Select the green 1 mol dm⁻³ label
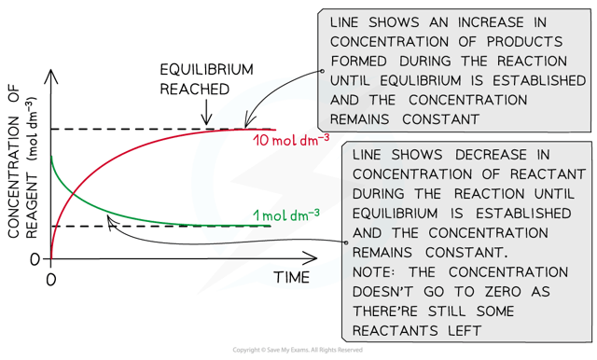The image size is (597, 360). click(x=291, y=215)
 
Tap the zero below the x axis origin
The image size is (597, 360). click(x=52, y=278)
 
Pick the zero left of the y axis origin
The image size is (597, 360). click(x=35, y=258)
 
